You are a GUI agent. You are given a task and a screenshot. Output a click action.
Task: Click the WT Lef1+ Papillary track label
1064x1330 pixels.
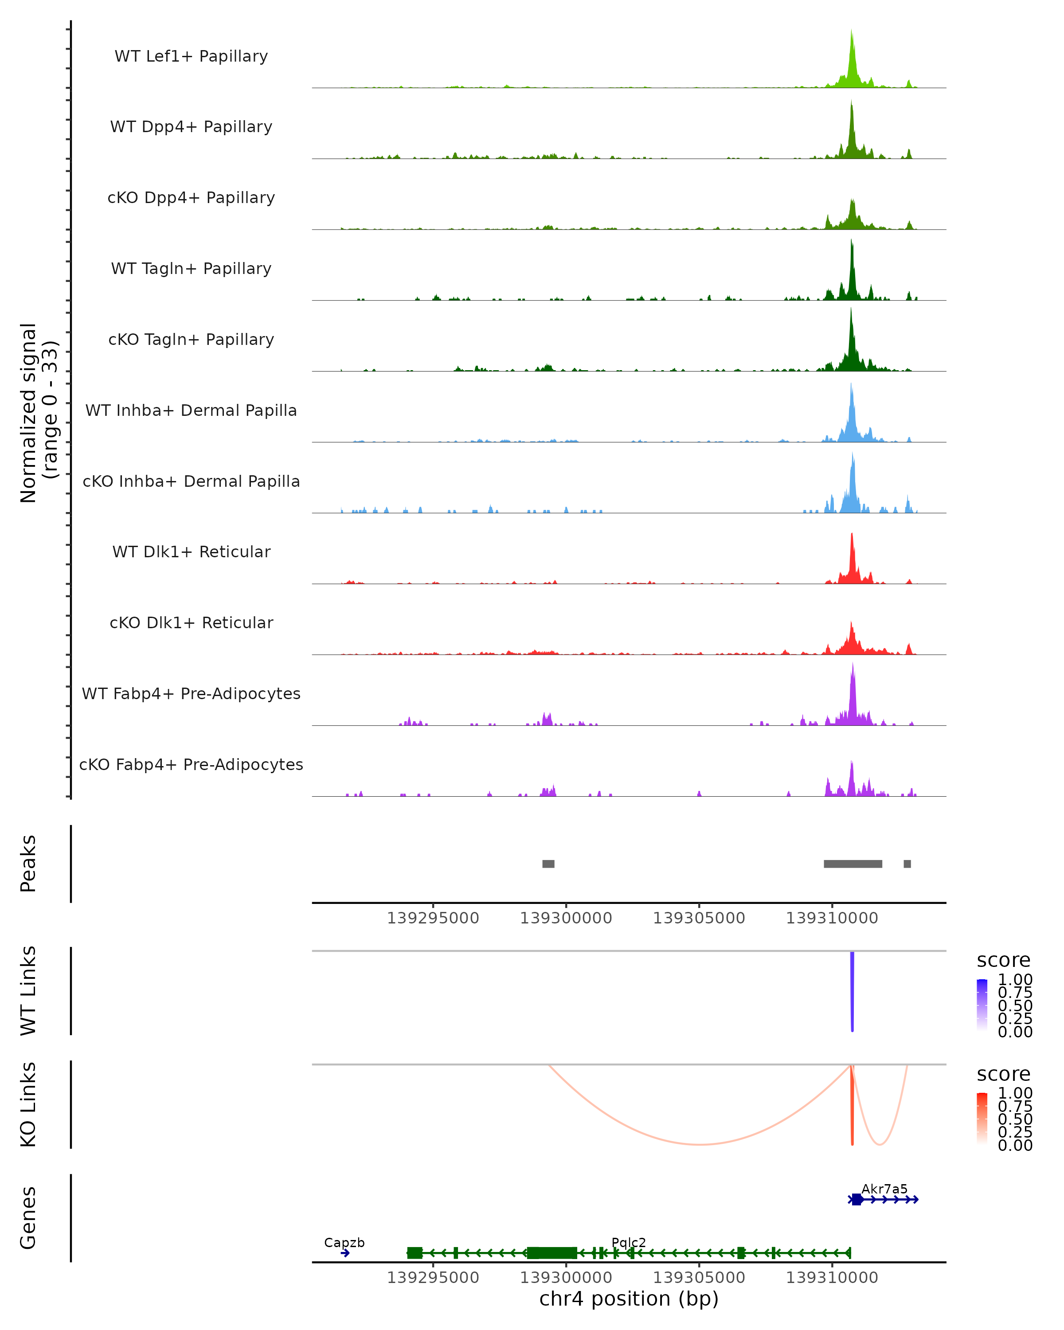(x=191, y=56)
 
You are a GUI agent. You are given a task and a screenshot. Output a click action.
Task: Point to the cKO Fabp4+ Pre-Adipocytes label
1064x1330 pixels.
(x=191, y=764)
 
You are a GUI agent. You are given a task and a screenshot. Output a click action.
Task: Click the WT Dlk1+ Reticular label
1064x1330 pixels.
(x=191, y=552)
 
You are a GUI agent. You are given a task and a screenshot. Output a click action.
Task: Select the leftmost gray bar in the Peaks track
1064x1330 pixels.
(x=548, y=864)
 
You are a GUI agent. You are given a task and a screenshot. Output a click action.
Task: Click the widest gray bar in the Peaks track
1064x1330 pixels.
(x=853, y=864)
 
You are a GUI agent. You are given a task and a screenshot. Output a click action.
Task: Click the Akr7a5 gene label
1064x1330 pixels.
(x=884, y=1189)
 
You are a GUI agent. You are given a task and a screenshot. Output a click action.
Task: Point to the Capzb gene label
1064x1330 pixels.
(x=344, y=1242)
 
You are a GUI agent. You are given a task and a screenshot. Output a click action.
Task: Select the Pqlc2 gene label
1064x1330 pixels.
(x=629, y=1242)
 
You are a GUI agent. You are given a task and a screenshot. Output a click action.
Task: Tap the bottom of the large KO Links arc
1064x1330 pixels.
(x=700, y=1144)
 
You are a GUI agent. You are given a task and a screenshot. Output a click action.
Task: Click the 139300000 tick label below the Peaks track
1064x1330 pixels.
(x=566, y=919)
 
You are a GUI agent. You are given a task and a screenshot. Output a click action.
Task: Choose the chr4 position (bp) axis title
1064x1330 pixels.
(x=629, y=1299)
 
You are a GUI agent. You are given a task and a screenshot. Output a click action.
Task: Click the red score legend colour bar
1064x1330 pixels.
(x=982, y=1118)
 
